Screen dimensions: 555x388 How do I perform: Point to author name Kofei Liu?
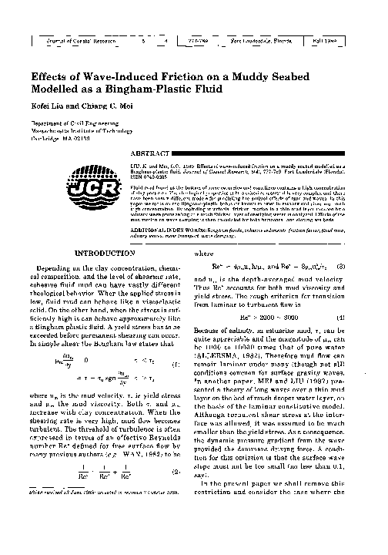[48, 107]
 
